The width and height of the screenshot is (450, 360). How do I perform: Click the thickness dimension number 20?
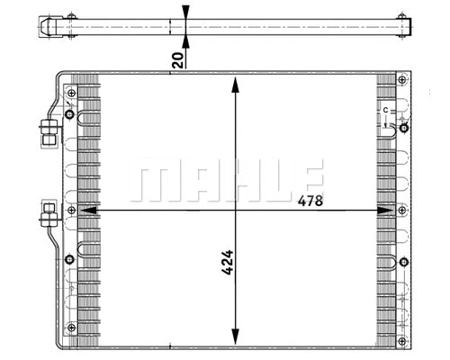tap(178, 59)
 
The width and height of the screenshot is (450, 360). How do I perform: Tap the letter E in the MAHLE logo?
tap(305, 182)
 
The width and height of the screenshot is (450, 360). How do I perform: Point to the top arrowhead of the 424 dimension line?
tap(236, 85)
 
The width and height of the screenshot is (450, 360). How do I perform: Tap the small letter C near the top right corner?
tap(384, 110)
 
